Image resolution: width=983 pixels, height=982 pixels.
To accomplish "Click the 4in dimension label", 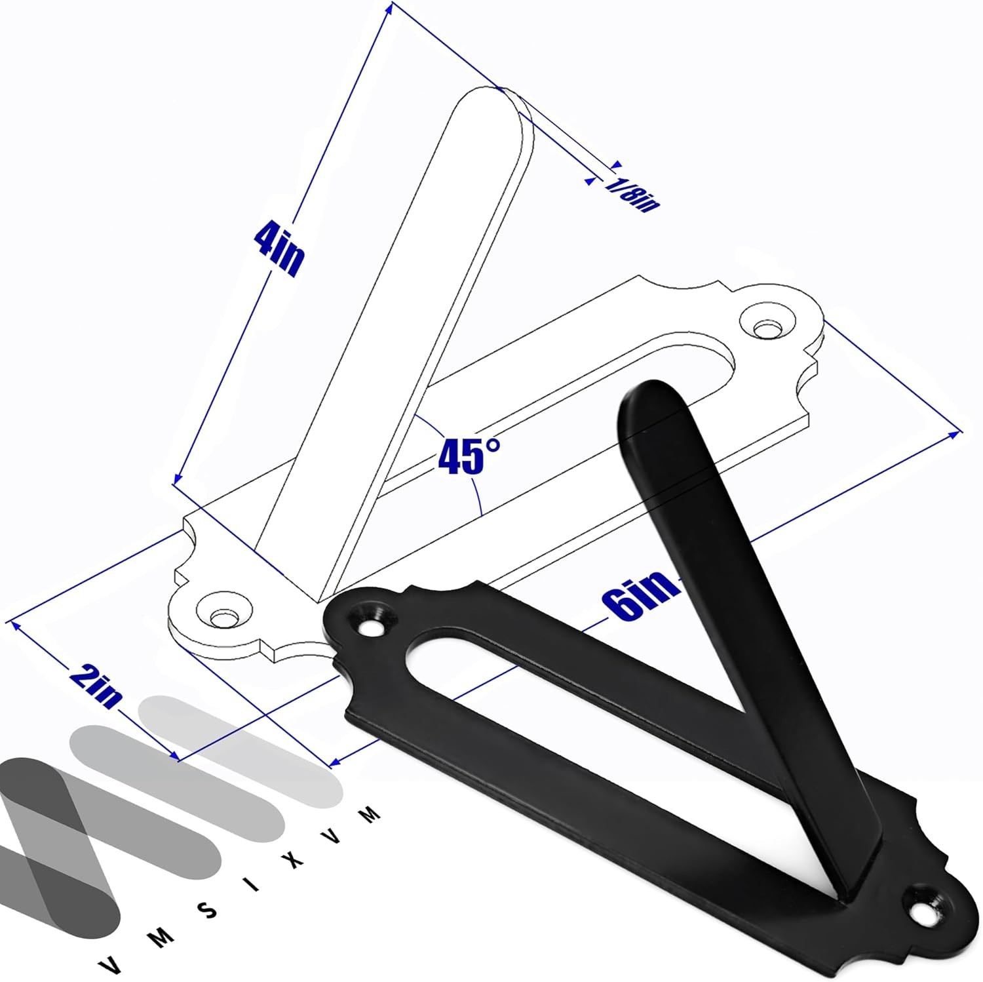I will (x=278, y=248).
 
